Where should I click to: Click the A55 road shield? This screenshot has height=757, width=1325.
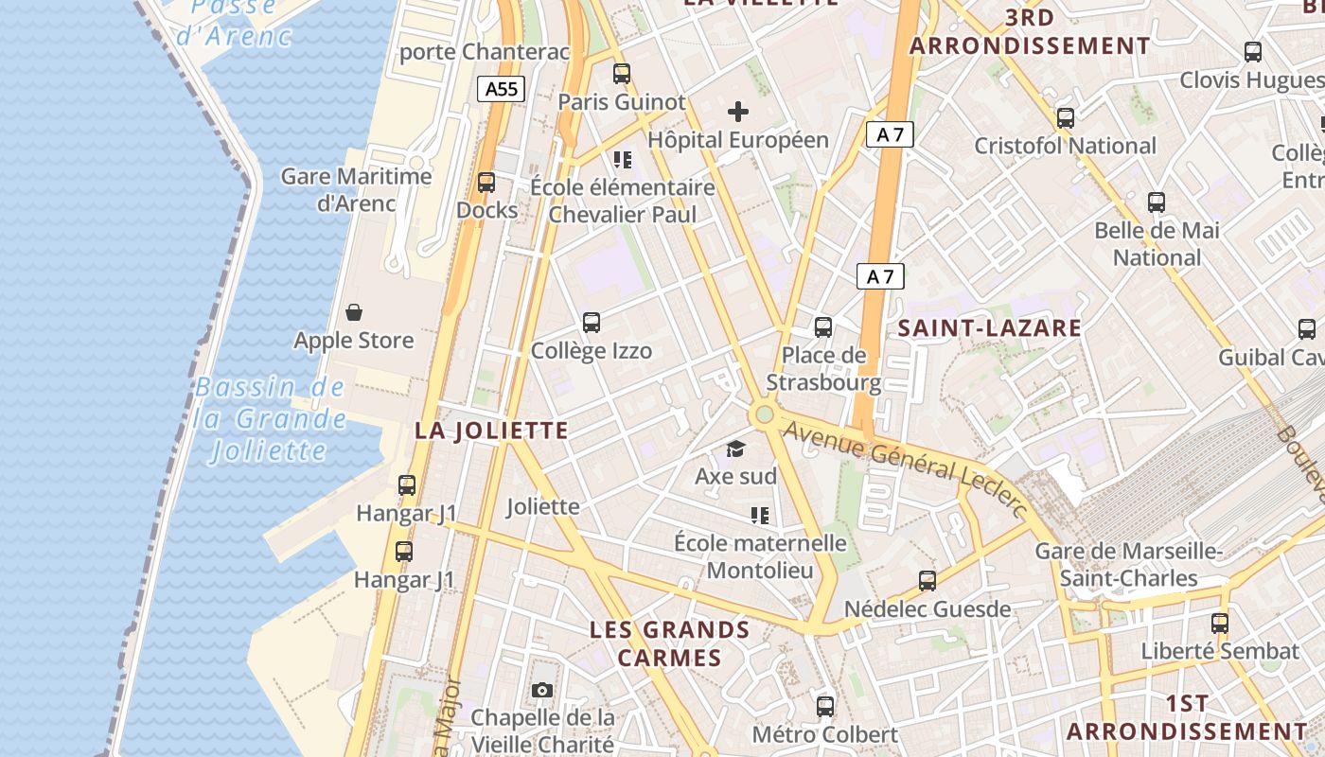tap(501, 89)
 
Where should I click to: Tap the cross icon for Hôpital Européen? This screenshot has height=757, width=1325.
tap(738, 112)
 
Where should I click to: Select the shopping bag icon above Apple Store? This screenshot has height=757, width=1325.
tap(354, 312)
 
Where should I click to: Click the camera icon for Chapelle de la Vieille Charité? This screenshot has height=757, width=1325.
tap(542, 690)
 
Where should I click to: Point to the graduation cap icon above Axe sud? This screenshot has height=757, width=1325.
tap(735, 449)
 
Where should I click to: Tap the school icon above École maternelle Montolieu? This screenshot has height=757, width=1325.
tap(759, 515)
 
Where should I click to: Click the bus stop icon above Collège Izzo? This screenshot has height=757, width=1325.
tap(592, 323)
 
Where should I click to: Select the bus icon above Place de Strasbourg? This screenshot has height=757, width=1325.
tap(823, 327)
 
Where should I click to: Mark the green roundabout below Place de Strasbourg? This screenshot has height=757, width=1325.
tap(764, 414)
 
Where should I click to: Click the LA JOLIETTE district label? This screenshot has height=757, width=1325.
tap(491, 431)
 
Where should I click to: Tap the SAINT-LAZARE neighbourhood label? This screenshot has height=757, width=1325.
tap(989, 328)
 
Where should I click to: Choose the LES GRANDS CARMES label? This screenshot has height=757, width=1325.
tap(669, 643)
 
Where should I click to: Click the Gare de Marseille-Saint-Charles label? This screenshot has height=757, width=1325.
tap(1129, 565)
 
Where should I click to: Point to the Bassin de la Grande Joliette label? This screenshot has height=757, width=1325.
tap(270, 418)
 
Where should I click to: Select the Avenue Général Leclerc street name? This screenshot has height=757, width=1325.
tap(906, 469)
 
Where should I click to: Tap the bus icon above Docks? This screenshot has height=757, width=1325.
tap(486, 182)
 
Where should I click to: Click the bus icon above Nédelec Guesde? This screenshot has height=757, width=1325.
tap(927, 581)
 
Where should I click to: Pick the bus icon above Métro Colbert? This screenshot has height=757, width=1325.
tap(825, 706)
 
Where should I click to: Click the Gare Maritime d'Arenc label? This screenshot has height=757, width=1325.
tap(357, 189)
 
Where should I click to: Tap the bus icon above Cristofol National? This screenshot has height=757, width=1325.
tap(1066, 118)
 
